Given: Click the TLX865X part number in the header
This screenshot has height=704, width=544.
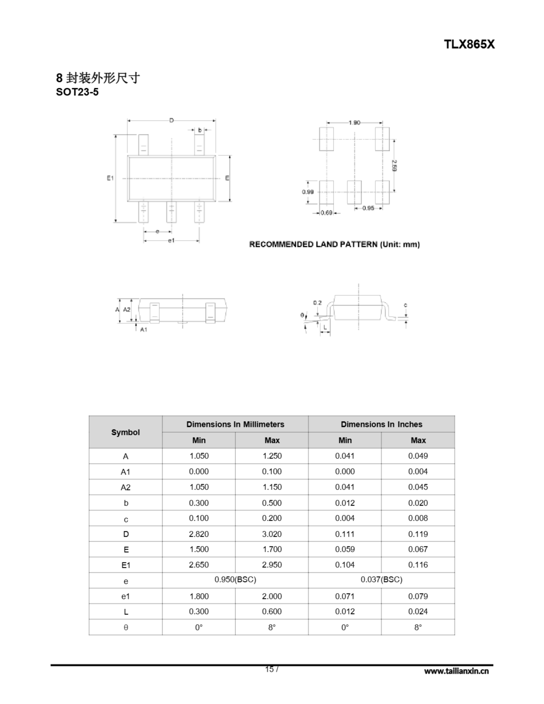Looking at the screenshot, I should [469, 45].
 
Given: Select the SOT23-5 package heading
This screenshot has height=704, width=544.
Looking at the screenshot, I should [77, 92].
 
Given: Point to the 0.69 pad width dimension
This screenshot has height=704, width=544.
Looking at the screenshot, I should [326, 213].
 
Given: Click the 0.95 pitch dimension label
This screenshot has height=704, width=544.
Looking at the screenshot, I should [368, 208].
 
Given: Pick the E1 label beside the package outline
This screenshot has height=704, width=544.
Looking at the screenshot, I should [110, 178].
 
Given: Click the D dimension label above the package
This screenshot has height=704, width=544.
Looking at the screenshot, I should [172, 120].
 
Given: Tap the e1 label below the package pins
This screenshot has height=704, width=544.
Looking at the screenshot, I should [171, 240].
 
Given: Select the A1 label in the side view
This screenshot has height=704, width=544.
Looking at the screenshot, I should [144, 329].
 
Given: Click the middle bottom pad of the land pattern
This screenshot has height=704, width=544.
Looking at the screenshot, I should [354, 193].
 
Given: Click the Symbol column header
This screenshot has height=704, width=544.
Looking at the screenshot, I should [125, 432].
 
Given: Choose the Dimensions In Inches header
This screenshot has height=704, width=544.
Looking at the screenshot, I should [381, 424].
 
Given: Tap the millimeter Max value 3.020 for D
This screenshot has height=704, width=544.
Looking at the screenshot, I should [271, 534].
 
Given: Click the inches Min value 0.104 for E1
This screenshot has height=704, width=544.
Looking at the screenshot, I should [345, 565].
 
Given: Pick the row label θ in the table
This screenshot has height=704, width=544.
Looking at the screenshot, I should [126, 627].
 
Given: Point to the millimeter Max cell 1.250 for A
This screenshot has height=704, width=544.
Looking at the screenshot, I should [272, 456].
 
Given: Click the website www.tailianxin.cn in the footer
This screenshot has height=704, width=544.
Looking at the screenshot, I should [456, 671].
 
